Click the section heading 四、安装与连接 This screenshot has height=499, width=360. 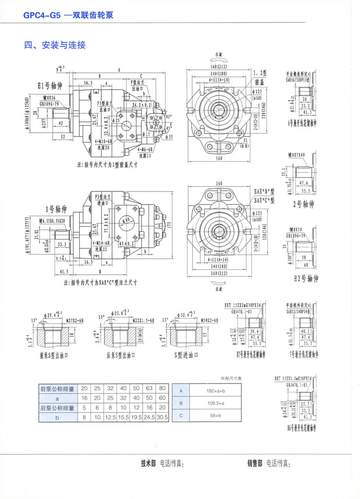pyautogui.click(x=54, y=45)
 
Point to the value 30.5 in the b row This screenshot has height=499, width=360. pyautogui.click(x=162, y=417)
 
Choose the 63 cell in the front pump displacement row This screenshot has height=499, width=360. pyautogui.click(x=149, y=388)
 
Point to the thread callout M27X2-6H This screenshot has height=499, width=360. pyautogui.click(x=76, y=320)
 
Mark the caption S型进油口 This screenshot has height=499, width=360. pyautogui.click(x=184, y=355)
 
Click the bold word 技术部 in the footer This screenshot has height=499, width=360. pyautogui.click(x=149, y=463)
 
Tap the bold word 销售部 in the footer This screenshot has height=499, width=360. pyautogui.click(x=255, y=463)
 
